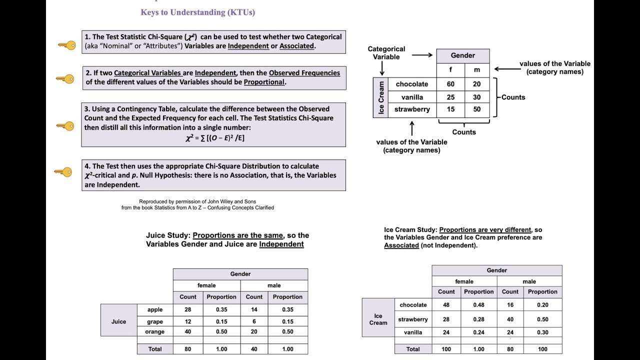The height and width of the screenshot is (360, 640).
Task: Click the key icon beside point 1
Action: (66, 45)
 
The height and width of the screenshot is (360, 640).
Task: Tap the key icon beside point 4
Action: (63, 172)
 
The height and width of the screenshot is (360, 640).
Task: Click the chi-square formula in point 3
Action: (214, 138)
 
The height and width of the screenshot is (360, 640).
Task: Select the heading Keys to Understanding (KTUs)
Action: (197, 12)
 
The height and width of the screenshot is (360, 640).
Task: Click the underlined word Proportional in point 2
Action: (264, 82)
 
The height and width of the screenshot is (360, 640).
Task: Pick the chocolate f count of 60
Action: (450, 84)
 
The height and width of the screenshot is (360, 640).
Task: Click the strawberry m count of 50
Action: (476, 109)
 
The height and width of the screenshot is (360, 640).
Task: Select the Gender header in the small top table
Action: (462, 55)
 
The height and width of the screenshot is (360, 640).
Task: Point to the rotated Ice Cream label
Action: (381, 97)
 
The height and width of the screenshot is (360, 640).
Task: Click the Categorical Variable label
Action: (386, 53)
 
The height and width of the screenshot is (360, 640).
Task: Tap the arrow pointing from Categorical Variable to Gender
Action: (422, 55)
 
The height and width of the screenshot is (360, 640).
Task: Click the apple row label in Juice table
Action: (155, 309)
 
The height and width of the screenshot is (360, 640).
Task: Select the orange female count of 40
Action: (188, 331)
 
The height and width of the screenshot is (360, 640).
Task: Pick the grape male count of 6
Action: (254, 321)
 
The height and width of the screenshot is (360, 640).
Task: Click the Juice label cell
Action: (118, 321)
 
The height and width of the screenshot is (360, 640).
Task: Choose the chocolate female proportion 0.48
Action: (478, 305)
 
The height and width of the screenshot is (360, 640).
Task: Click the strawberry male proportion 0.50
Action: (542, 319)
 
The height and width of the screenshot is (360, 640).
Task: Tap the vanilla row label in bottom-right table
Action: (413, 332)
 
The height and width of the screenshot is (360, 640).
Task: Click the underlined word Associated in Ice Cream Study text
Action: (401, 245)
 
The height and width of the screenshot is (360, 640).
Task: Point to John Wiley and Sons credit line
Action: (197, 201)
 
